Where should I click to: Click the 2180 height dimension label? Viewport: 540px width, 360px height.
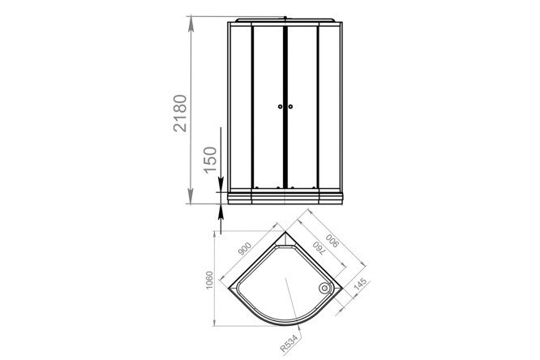pyautogui.click(x=180, y=113)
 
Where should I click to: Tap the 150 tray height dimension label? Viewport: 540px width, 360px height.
pyautogui.click(x=211, y=160)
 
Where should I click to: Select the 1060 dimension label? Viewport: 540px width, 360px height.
pyautogui.click(x=209, y=281)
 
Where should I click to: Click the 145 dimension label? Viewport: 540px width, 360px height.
pyautogui.click(x=360, y=285)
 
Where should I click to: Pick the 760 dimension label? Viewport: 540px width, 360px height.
pyautogui.click(x=319, y=248)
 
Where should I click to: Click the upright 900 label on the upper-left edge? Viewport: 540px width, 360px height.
pyautogui.click(x=244, y=249)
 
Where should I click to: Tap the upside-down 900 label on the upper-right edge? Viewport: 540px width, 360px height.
pyautogui.click(x=333, y=241)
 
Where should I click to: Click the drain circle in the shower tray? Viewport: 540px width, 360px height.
pyautogui.click(x=324, y=288)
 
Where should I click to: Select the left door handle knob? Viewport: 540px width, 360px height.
pyautogui.click(x=280, y=106)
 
